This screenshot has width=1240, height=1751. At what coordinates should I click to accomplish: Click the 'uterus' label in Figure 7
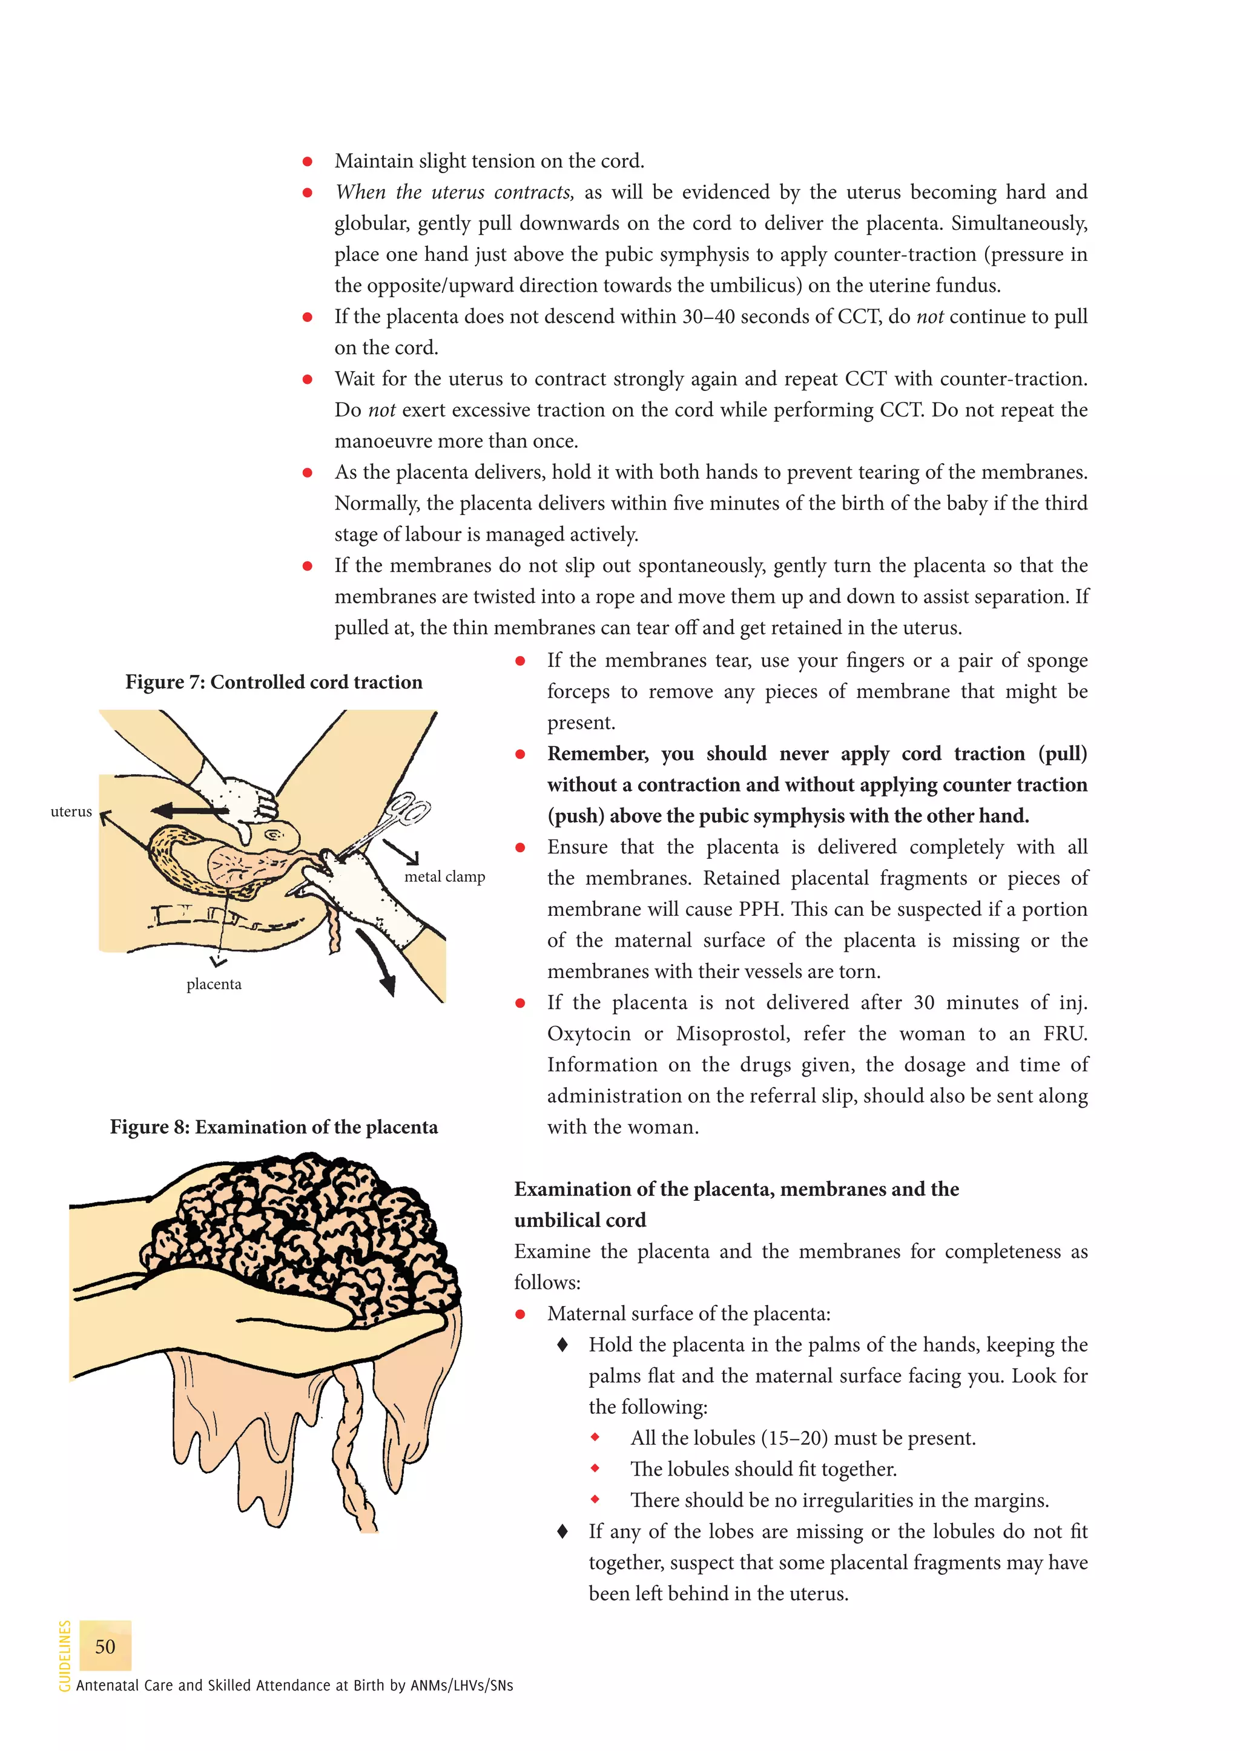pyautogui.click(x=71, y=812)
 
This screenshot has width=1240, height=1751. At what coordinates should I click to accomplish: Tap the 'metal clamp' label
pyautogui.click(x=444, y=876)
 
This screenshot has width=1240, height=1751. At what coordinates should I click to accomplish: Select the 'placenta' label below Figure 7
pyautogui.click(x=214, y=984)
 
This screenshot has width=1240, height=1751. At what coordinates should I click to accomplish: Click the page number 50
pyautogui.click(x=105, y=1646)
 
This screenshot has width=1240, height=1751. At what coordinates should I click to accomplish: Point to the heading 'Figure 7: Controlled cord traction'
pyautogui.click(x=273, y=682)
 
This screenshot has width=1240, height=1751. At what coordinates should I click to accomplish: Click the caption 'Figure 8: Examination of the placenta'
pyautogui.click(x=273, y=1126)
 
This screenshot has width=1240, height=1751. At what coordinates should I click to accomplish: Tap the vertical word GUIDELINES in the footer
pyautogui.click(x=65, y=1654)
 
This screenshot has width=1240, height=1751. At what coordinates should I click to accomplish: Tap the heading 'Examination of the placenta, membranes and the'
pyautogui.click(x=736, y=1189)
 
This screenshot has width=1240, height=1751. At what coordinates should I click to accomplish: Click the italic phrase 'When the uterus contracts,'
pyautogui.click(x=454, y=192)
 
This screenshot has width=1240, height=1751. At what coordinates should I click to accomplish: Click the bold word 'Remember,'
pyautogui.click(x=597, y=754)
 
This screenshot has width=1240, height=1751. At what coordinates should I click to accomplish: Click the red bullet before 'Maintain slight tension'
pyautogui.click(x=307, y=161)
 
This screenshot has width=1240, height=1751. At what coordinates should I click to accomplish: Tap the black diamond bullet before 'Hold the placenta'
pyautogui.click(x=562, y=1344)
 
